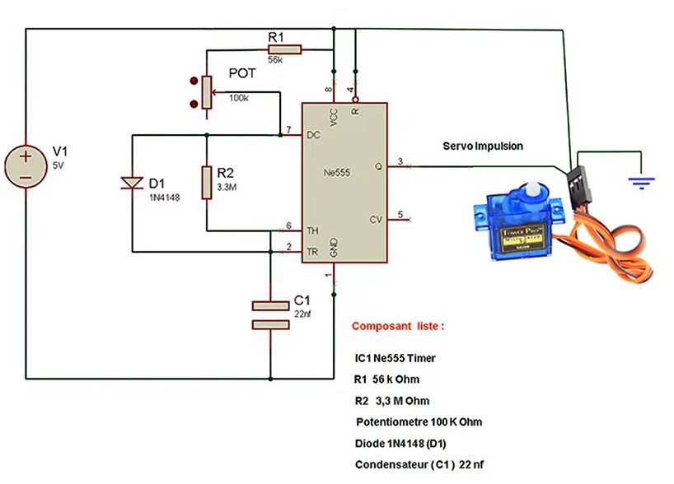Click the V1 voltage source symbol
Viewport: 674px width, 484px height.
(x=26, y=165)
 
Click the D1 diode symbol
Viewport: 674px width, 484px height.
(x=132, y=183)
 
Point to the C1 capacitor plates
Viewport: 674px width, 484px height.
(x=271, y=315)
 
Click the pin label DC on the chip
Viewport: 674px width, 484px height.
(x=313, y=135)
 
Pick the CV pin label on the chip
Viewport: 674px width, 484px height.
(x=376, y=219)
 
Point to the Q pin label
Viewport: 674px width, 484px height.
(x=378, y=165)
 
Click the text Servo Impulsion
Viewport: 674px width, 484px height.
(x=483, y=147)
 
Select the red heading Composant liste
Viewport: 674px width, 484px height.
(x=398, y=326)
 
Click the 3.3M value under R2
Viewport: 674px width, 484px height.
(x=227, y=187)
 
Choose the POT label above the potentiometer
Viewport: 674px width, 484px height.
(x=242, y=73)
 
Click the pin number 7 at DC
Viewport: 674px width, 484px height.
(x=288, y=130)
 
